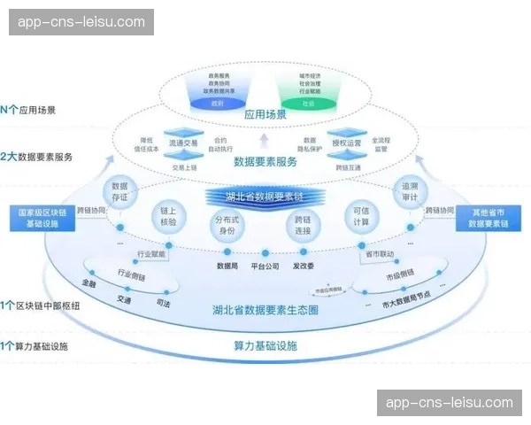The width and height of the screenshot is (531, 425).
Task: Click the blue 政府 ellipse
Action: pos(218,104)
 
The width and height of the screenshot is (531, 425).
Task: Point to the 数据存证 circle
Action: pos(120,192)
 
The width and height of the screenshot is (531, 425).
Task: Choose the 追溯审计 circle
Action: pos(408,192)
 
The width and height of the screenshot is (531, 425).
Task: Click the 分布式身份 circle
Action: pos(228,225)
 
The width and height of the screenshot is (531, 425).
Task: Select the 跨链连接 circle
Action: pos(302,225)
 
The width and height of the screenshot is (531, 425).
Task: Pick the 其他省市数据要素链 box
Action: pos(490,219)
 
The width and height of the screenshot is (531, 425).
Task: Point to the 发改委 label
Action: pos(303,265)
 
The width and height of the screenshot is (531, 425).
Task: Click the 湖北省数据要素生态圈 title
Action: pos(265,311)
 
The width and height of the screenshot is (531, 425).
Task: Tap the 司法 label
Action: pos(162,304)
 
